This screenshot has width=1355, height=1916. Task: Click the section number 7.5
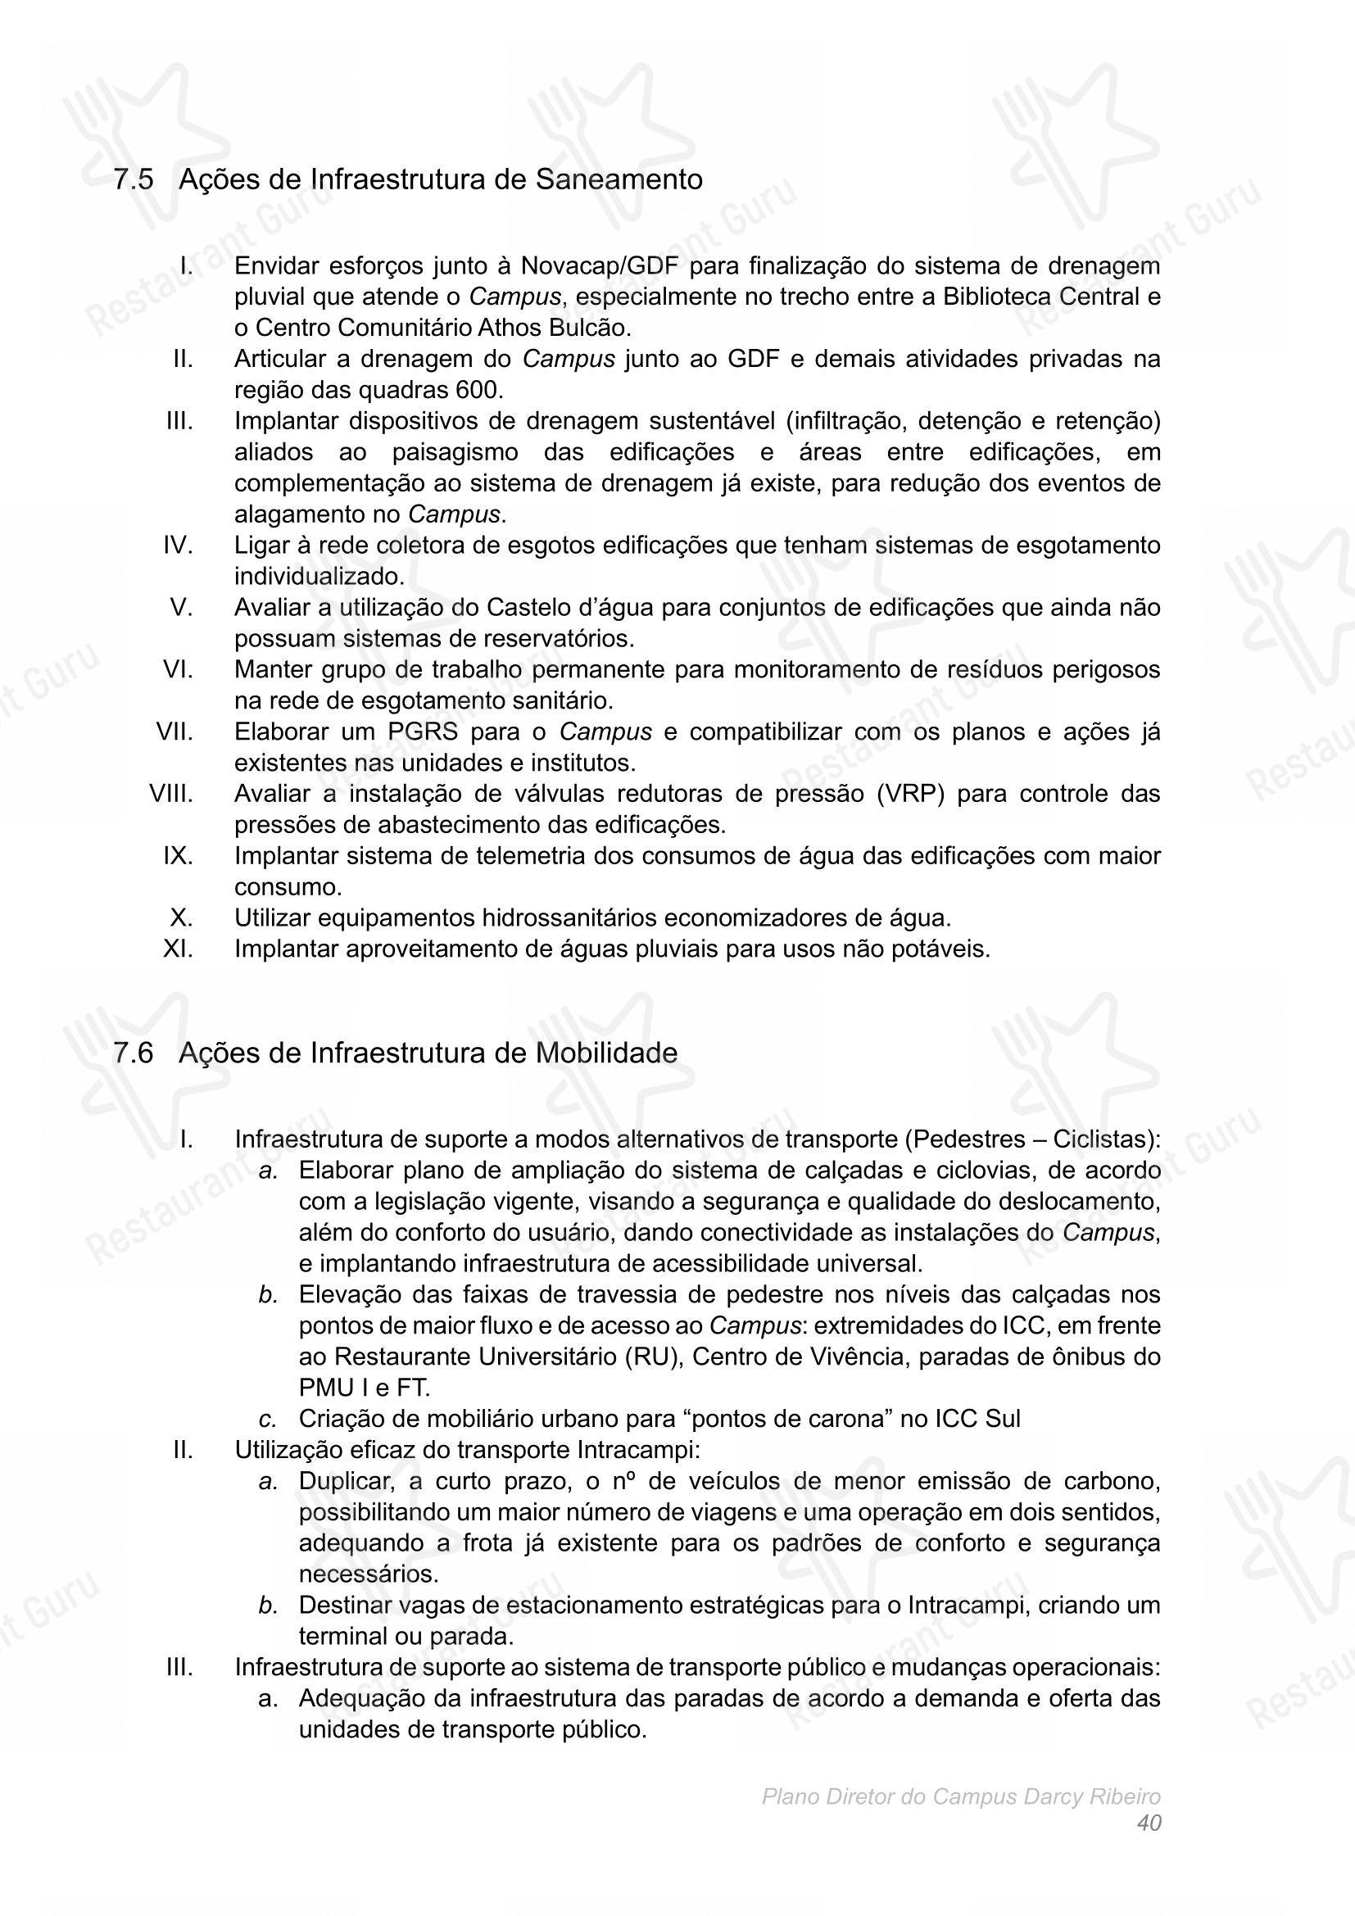pos(134,179)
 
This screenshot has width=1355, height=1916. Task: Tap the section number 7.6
pos(134,1053)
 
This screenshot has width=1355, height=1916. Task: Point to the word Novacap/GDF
pos(600,266)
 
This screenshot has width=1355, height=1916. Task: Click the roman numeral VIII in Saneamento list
pos(171,794)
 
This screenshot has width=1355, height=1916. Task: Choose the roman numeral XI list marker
pos(179,949)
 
